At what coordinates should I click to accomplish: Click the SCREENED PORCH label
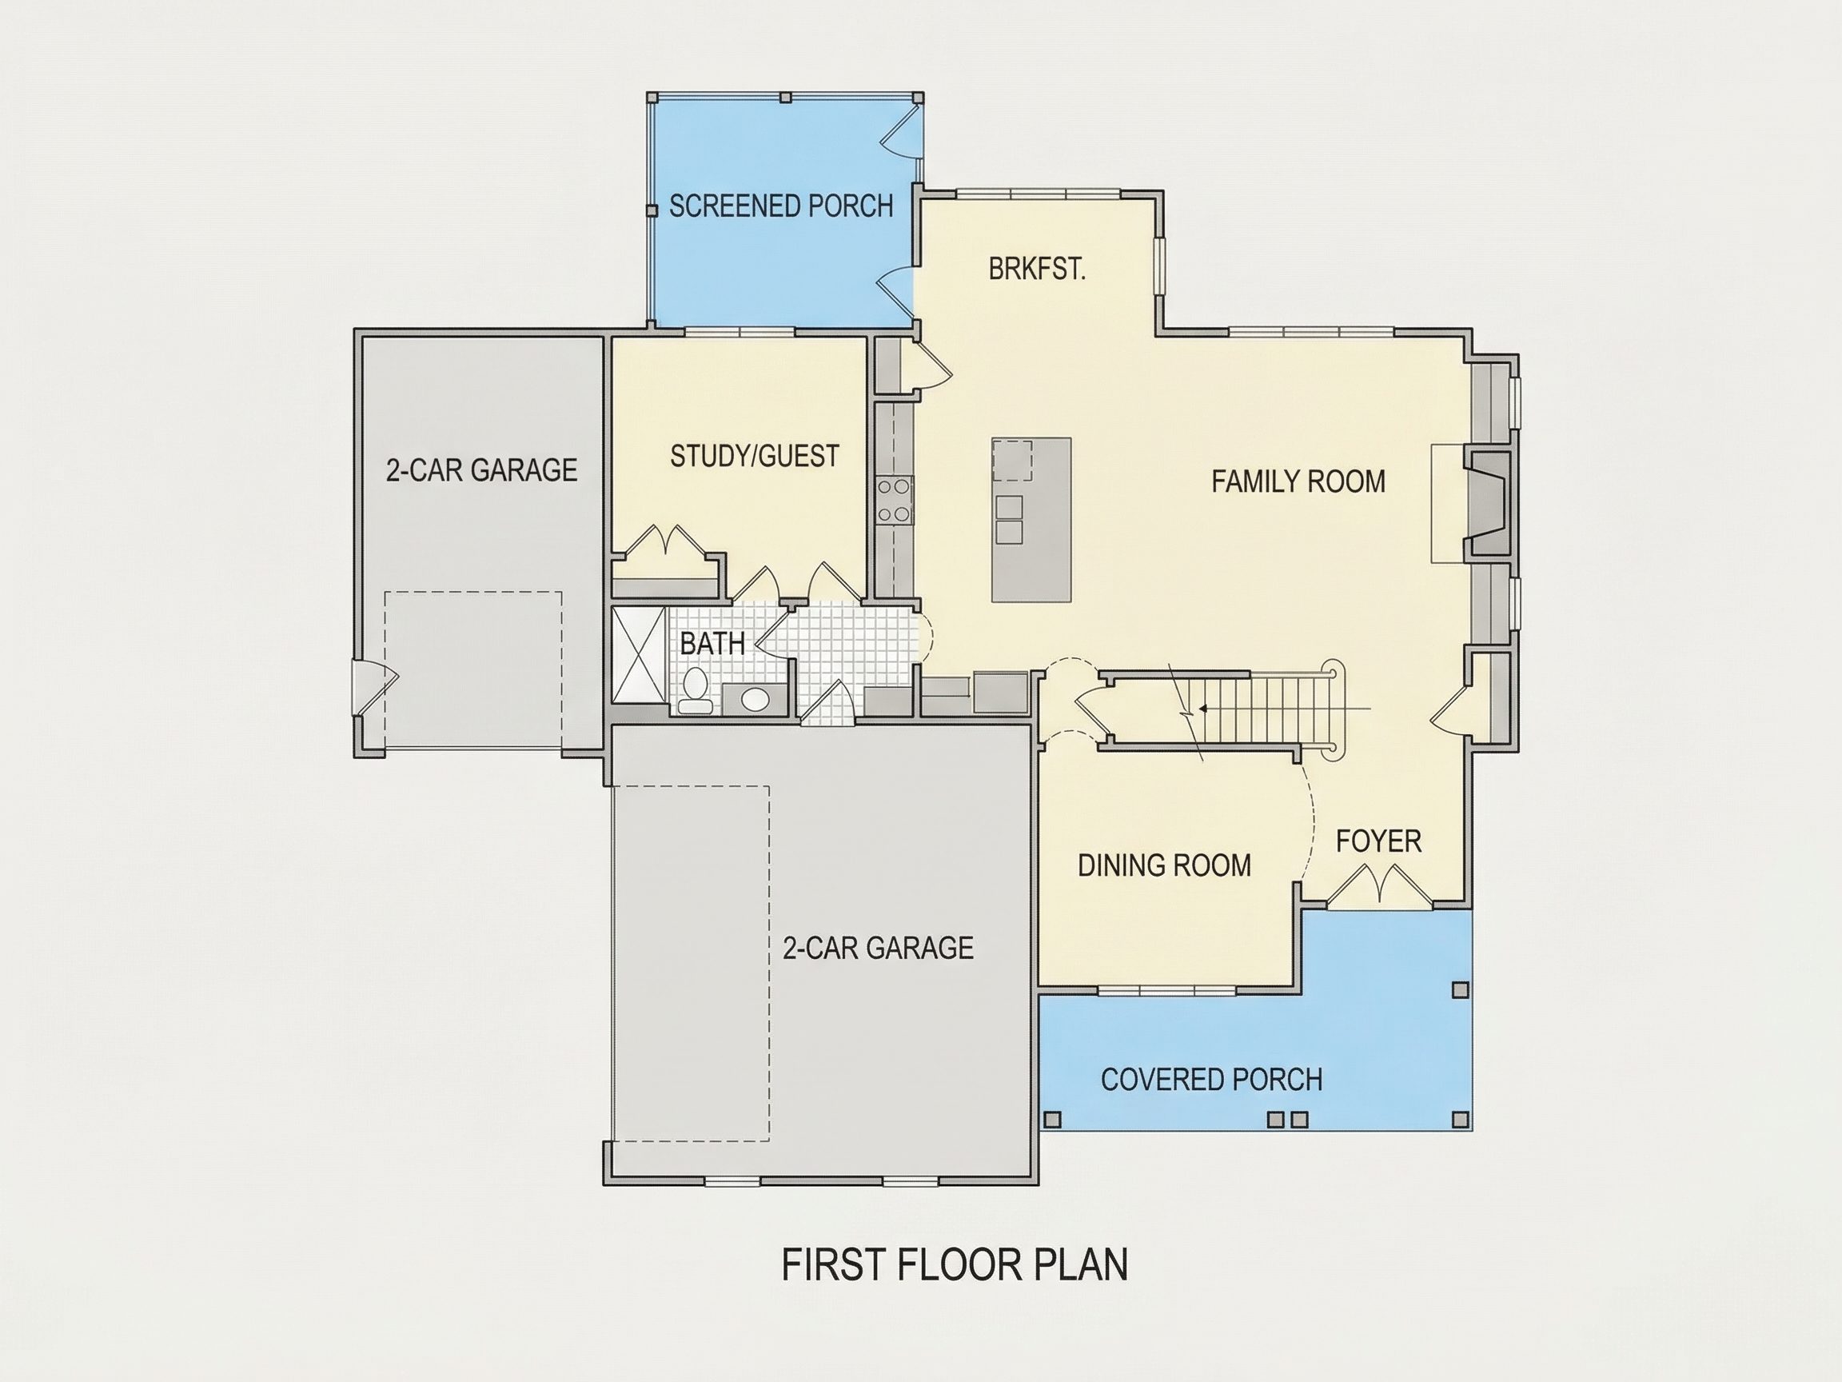coord(780,206)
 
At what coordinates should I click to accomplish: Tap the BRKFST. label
coord(1037,270)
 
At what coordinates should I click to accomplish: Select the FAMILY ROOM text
coord(1298,481)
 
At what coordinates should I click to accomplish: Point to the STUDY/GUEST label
coord(755,456)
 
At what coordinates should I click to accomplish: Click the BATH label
coord(712,643)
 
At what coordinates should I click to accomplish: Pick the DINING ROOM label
coord(1164,865)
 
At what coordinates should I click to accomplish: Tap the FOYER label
coord(1378,841)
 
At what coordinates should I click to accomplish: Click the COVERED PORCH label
coord(1212,1080)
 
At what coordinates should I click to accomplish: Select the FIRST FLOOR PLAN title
coord(955,1264)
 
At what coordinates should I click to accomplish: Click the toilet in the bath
coord(694,692)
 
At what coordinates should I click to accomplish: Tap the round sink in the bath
coord(755,699)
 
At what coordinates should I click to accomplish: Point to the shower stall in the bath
coord(639,655)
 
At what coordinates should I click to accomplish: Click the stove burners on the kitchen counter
coord(895,500)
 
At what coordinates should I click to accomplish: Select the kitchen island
coord(1031,519)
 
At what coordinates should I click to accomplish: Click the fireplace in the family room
coord(1489,503)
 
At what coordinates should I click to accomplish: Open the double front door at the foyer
coord(1379,886)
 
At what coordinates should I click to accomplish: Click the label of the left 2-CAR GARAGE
coord(481,469)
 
